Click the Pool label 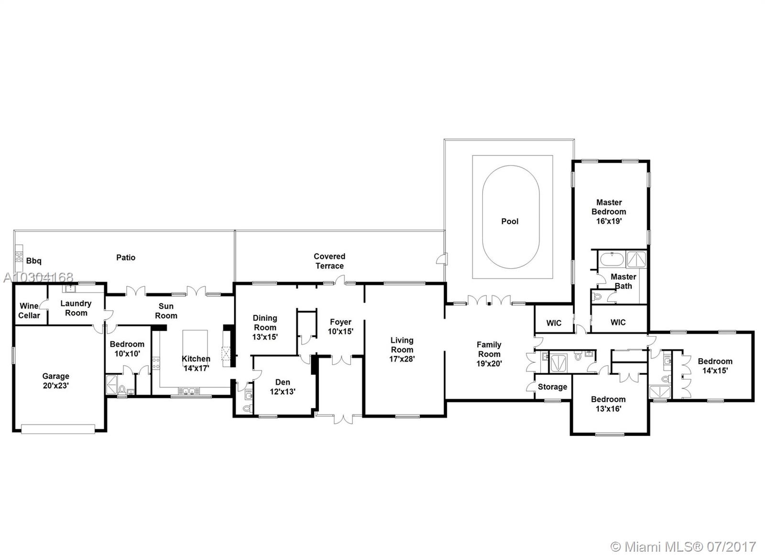tap(510, 221)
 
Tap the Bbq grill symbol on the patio tap(19, 258)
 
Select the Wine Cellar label tap(29, 310)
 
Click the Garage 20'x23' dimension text tap(56, 386)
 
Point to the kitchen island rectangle tap(195, 343)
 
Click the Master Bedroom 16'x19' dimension tap(609, 221)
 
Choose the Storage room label tap(552, 387)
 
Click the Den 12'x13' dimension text tap(283, 392)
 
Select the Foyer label tap(340, 322)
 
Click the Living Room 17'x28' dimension tap(402, 359)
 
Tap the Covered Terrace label tap(329, 261)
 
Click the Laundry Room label tap(76, 308)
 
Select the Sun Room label tap(166, 311)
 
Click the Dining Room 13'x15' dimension tap(265, 337)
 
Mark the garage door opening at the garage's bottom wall tap(58, 429)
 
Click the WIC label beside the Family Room tap(554, 323)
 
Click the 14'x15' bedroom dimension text tap(715, 370)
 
